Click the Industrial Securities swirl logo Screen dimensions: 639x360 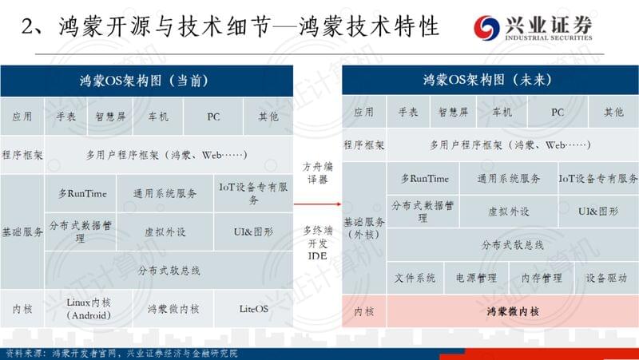(486, 28)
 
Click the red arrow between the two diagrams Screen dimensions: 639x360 (317, 204)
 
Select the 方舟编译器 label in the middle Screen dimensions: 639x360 (317, 172)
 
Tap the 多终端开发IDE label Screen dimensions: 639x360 (317, 243)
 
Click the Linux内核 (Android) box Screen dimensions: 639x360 (89, 309)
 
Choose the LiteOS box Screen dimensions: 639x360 (253, 309)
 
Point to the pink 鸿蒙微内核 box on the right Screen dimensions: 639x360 (513, 311)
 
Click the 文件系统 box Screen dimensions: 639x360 (415, 278)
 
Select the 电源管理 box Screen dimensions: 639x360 (476, 278)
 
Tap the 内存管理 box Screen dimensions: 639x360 (542, 278)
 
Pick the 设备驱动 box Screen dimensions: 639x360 (606, 278)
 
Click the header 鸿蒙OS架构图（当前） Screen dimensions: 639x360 (146, 81)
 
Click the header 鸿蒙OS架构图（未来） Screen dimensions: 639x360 (490, 79)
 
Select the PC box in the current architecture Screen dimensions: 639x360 (213, 117)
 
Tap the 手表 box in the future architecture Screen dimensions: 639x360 (408, 112)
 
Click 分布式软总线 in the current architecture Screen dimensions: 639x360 (169, 271)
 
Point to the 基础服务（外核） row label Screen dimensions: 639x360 (364, 228)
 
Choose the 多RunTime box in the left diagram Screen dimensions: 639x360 (81, 193)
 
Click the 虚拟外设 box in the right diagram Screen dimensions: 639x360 (509, 212)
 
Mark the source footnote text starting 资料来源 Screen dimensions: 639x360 (121, 354)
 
